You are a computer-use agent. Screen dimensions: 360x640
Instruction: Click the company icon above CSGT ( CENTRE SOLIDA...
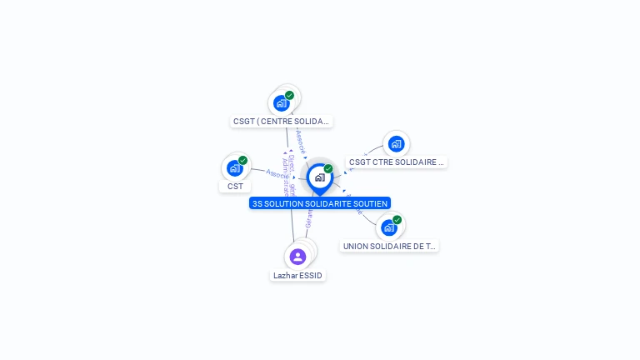pyautogui.click(x=281, y=103)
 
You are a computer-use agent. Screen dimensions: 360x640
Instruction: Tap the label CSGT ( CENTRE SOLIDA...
pyautogui.click(x=281, y=121)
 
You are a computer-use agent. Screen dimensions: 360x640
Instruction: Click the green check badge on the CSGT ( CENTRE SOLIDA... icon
pyautogui.click(x=289, y=95)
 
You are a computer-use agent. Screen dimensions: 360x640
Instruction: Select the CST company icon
pyautogui.click(x=235, y=168)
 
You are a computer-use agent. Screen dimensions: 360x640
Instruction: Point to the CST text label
pyautogui.click(x=235, y=186)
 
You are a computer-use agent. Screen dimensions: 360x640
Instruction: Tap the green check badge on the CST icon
pyautogui.click(x=242, y=160)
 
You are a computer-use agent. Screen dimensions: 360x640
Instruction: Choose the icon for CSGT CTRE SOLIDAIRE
pyautogui.click(x=396, y=144)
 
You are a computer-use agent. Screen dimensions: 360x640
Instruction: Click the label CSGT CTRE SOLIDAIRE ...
pyautogui.click(x=397, y=162)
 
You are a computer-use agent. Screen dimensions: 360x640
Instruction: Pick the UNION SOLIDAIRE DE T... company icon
pyautogui.click(x=388, y=227)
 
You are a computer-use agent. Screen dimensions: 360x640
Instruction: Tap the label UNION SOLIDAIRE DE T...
pyautogui.click(x=389, y=246)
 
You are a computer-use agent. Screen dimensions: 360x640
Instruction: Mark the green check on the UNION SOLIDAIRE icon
pyautogui.click(x=397, y=220)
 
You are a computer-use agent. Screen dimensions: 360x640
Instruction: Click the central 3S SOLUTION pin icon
pyautogui.click(x=319, y=177)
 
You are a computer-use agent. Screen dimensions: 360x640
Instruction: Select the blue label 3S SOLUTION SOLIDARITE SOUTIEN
pyautogui.click(x=319, y=203)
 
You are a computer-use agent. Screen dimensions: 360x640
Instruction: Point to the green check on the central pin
pyautogui.click(x=328, y=169)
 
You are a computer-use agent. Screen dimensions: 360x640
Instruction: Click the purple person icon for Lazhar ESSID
pyautogui.click(x=298, y=257)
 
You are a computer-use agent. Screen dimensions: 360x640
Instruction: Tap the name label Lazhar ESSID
pyautogui.click(x=297, y=275)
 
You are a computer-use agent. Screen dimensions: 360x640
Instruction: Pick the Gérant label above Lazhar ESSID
pyautogui.click(x=309, y=218)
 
